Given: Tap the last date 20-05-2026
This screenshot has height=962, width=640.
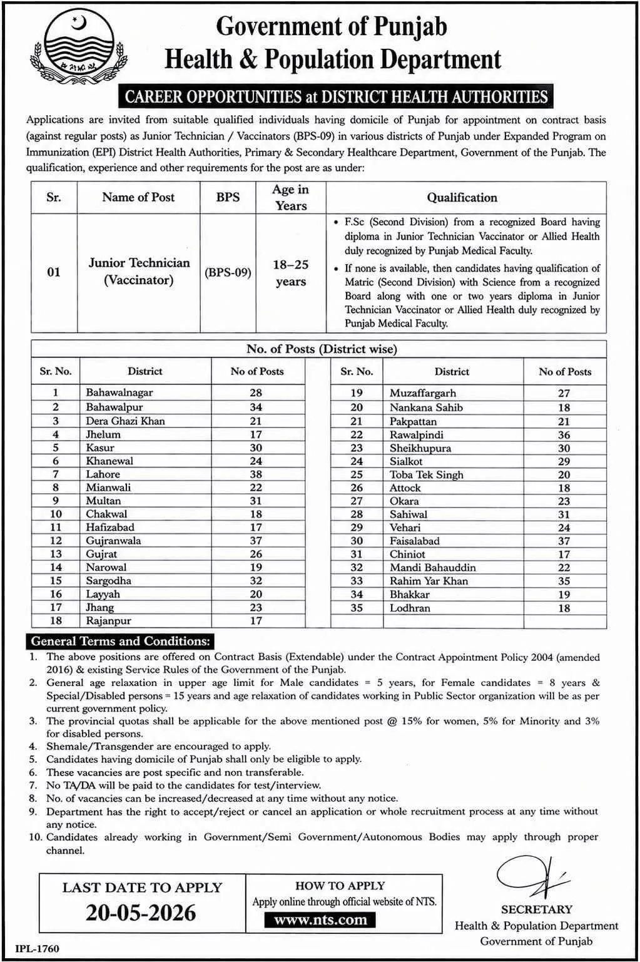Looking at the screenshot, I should tap(141, 913).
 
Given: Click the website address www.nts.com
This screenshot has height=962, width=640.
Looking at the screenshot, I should tap(320, 919).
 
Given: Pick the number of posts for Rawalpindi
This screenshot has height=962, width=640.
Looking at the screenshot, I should tap(564, 435).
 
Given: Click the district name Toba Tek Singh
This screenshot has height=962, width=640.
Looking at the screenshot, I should tap(426, 474).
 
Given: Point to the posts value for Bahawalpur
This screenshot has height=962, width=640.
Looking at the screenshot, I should tap(255, 407).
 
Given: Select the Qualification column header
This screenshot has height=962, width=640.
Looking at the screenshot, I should tap(462, 198).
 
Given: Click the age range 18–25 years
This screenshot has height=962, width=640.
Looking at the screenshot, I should tap(290, 273).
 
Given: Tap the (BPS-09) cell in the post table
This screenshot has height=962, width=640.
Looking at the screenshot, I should tap(228, 273).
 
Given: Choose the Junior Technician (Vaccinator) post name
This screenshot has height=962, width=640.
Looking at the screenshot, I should tap(138, 271).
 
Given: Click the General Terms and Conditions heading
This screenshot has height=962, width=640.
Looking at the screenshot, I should tap(120, 641).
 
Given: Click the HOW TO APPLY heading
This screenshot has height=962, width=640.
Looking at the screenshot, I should tap(340, 886).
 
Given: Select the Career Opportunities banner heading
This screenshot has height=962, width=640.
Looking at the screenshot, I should tap(336, 96).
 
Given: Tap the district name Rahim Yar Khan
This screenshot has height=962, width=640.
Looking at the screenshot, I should tap(429, 581).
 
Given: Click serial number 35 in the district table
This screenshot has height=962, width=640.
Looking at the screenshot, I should tap(356, 608).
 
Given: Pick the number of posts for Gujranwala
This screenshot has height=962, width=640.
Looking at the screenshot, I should tap(255, 541).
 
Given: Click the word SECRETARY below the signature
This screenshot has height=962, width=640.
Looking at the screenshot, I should tap(536, 909).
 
